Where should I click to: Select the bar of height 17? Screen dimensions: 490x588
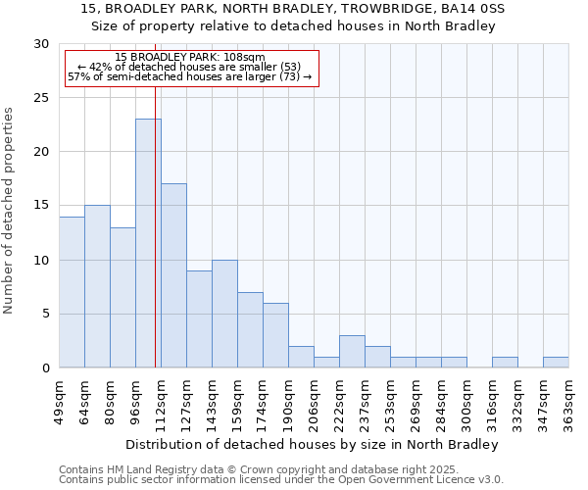click(x=173, y=275)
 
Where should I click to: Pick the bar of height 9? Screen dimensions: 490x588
click(x=199, y=318)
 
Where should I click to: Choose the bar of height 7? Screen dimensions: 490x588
click(x=250, y=329)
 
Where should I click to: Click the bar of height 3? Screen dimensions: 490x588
click(x=352, y=351)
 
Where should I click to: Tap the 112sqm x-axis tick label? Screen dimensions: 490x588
click(x=161, y=400)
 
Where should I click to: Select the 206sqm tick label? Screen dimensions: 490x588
click(x=314, y=400)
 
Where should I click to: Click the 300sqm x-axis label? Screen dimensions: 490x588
click(x=466, y=400)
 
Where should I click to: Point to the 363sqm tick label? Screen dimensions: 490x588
click(x=568, y=400)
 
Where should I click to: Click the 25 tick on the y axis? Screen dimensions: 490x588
click(x=42, y=98)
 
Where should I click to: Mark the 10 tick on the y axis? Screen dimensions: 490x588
click(x=42, y=260)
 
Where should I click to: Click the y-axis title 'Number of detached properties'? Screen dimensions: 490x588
click(x=9, y=211)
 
